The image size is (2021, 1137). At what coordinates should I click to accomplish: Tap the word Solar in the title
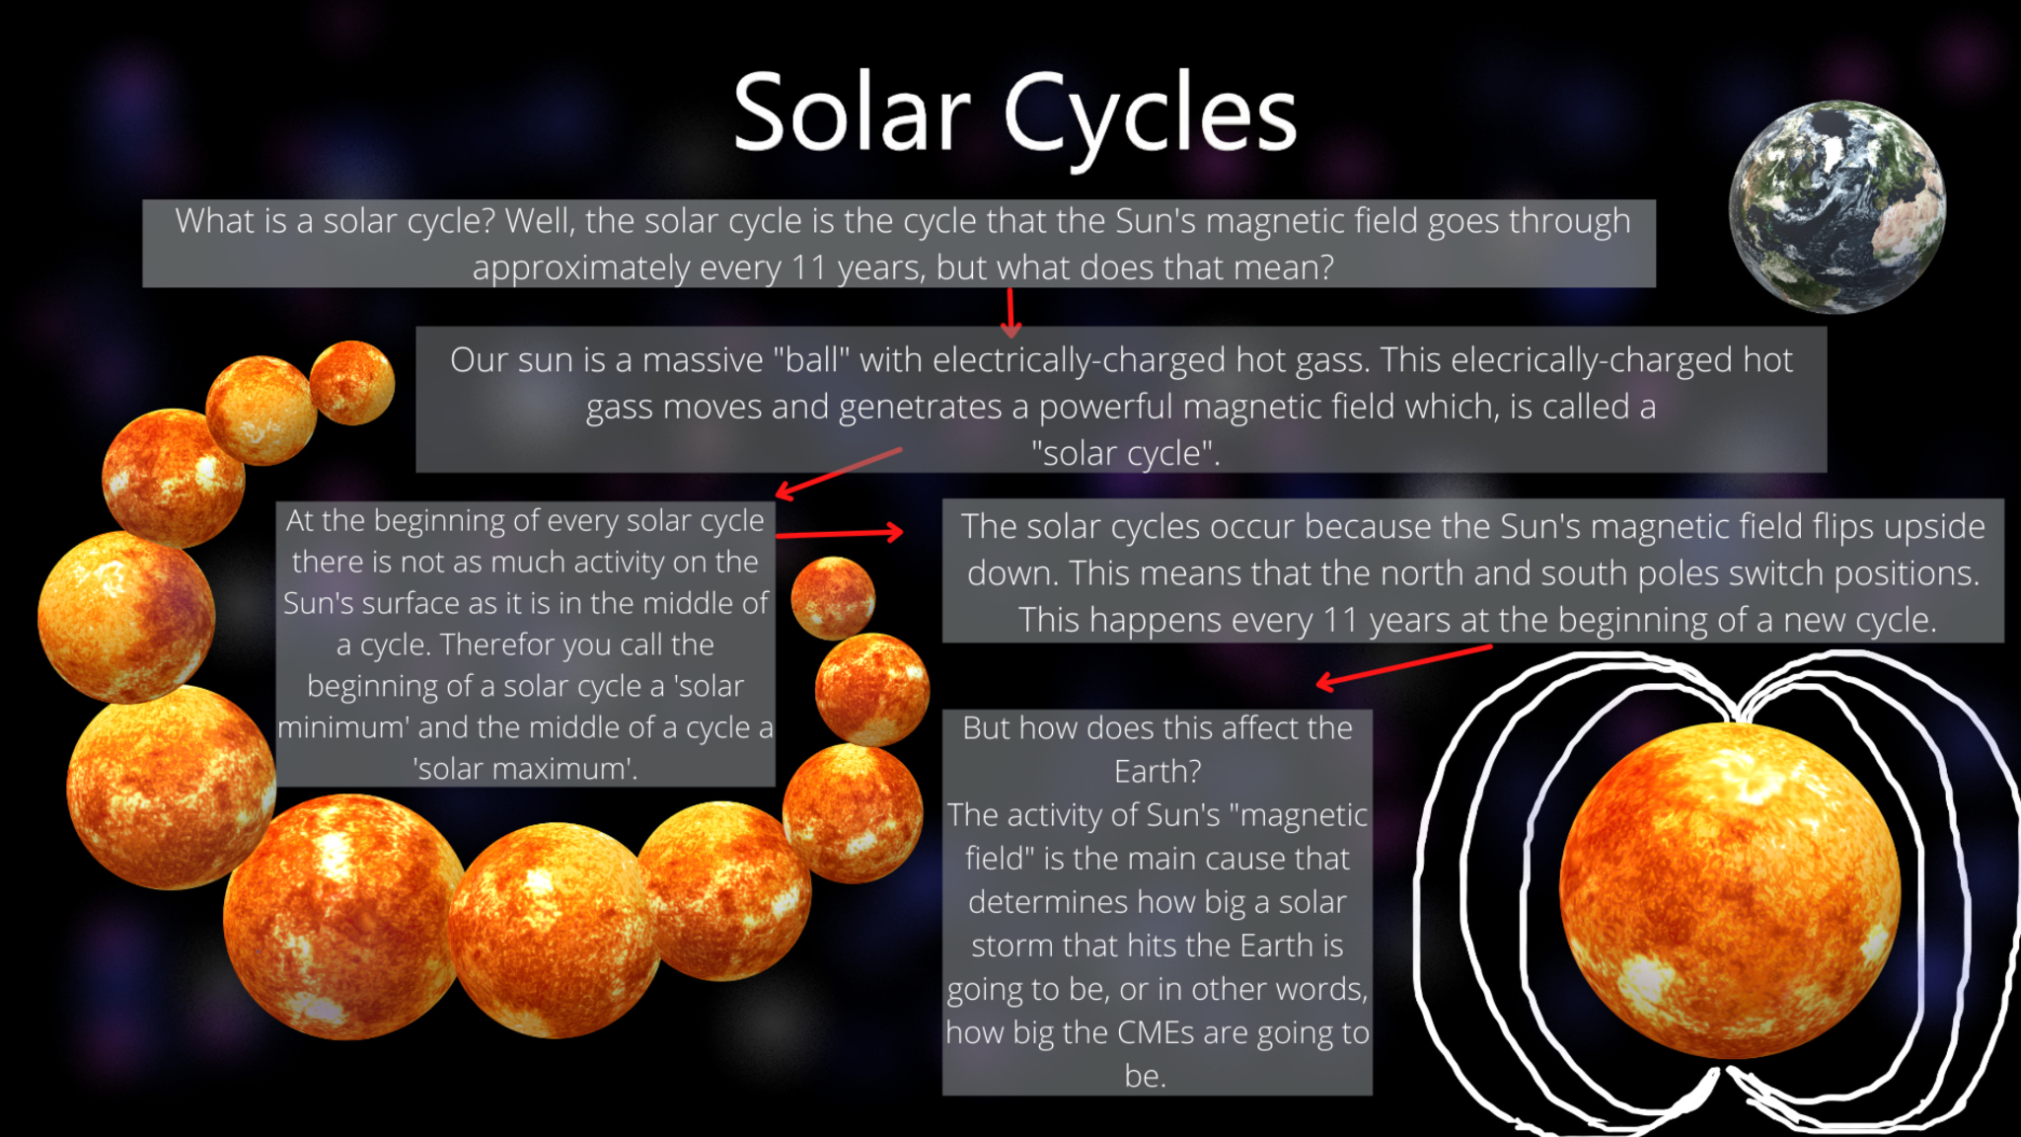pyautogui.click(x=853, y=113)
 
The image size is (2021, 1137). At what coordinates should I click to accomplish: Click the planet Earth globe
pyautogui.click(x=1837, y=207)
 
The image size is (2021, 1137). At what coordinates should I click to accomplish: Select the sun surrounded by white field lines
pyautogui.click(x=1730, y=890)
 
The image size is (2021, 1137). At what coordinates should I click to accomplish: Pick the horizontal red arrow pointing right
pyautogui.click(x=840, y=533)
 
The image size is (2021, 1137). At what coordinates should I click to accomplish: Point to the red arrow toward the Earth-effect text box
pyautogui.click(x=1404, y=666)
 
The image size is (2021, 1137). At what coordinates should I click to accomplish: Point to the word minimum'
pyautogui.click(x=343, y=728)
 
